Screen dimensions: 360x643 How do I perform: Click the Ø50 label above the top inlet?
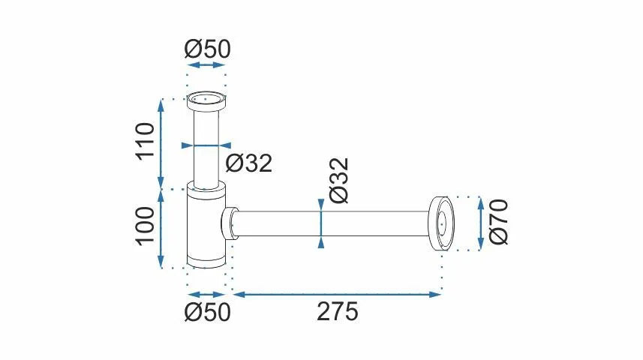(207, 49)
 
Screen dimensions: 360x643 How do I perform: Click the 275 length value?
(337, 310)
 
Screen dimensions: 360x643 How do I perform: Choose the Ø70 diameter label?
(498, 222)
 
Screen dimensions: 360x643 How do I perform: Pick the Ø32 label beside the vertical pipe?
(248, 163)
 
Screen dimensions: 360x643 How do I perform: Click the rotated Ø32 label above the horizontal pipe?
(338, 180)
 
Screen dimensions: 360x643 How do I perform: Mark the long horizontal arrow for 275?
(337, 294)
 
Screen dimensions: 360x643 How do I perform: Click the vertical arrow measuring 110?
(160, 142)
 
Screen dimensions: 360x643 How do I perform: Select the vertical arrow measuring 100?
(160, 227)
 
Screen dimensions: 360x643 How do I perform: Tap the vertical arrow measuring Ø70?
(480, 223)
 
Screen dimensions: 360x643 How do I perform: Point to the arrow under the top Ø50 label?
(206, 65)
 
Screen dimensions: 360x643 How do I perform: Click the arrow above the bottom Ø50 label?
(206, 294)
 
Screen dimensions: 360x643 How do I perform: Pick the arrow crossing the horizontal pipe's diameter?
(322, 223)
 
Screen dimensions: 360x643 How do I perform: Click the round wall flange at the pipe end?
(441, 223)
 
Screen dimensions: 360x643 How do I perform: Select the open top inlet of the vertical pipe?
(206, 98)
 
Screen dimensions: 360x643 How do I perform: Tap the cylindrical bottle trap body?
(206, 229)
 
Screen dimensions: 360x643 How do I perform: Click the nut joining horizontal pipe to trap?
(230, 223)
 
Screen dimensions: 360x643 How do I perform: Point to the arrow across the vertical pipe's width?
(206, 145)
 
